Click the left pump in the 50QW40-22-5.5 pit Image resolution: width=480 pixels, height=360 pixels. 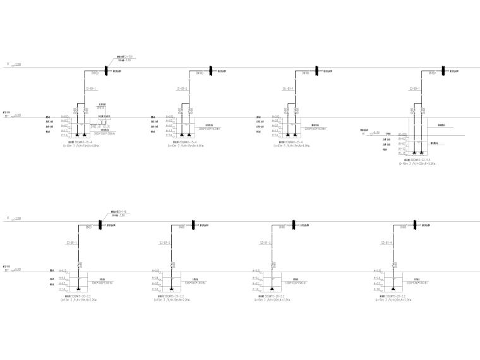pyautogui.click(x=407, y=152)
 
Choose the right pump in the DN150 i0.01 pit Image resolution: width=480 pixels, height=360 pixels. pyautogui.click(x=86, y=135)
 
